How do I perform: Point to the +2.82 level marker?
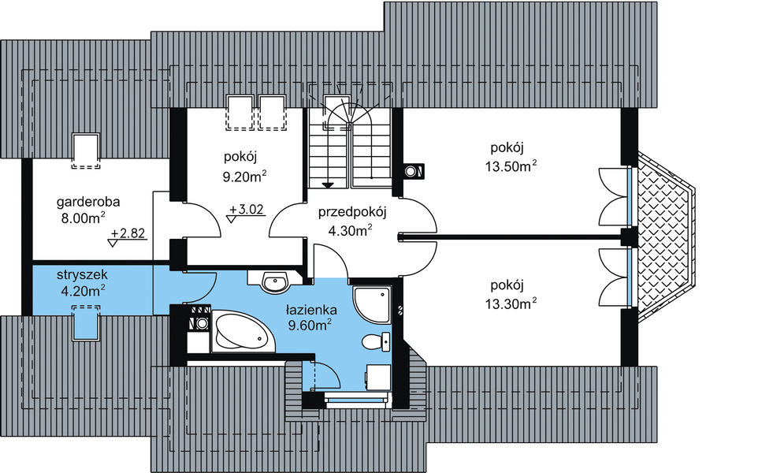128,234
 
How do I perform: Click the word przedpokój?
352,212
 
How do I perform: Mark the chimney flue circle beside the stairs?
411,170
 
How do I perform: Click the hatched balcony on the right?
666,236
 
